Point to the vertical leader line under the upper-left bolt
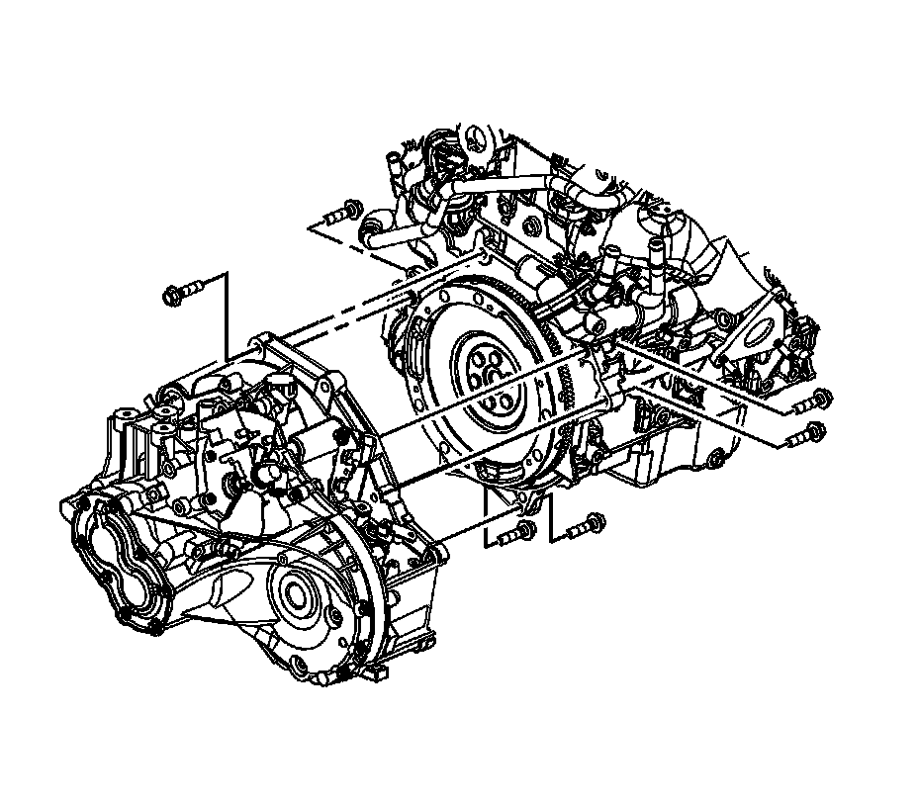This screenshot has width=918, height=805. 228,316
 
